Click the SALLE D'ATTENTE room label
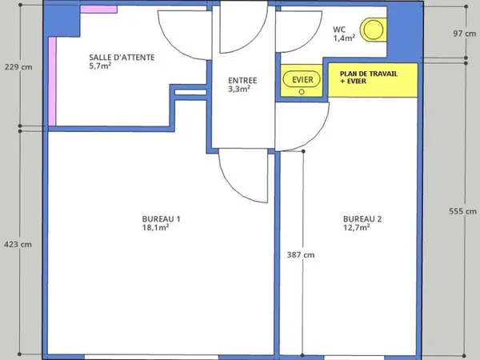[122, 58]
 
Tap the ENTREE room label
[242, 81]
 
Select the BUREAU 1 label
[161, 219]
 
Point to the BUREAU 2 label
[362, 219]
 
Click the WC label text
[339, 30]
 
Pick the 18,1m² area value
[155, 227]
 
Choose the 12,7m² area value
[356, 227]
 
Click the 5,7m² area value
[100, 66]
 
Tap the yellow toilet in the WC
[373, 30]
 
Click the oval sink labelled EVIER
[302, 79]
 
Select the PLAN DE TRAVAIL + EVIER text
[369, 77]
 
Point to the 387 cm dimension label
[301, 254]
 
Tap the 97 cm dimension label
[464, 34]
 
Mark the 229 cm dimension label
[18, 66]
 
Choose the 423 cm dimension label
[18, 244]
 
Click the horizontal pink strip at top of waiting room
[98, 9]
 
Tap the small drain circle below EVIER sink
[302, 92]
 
